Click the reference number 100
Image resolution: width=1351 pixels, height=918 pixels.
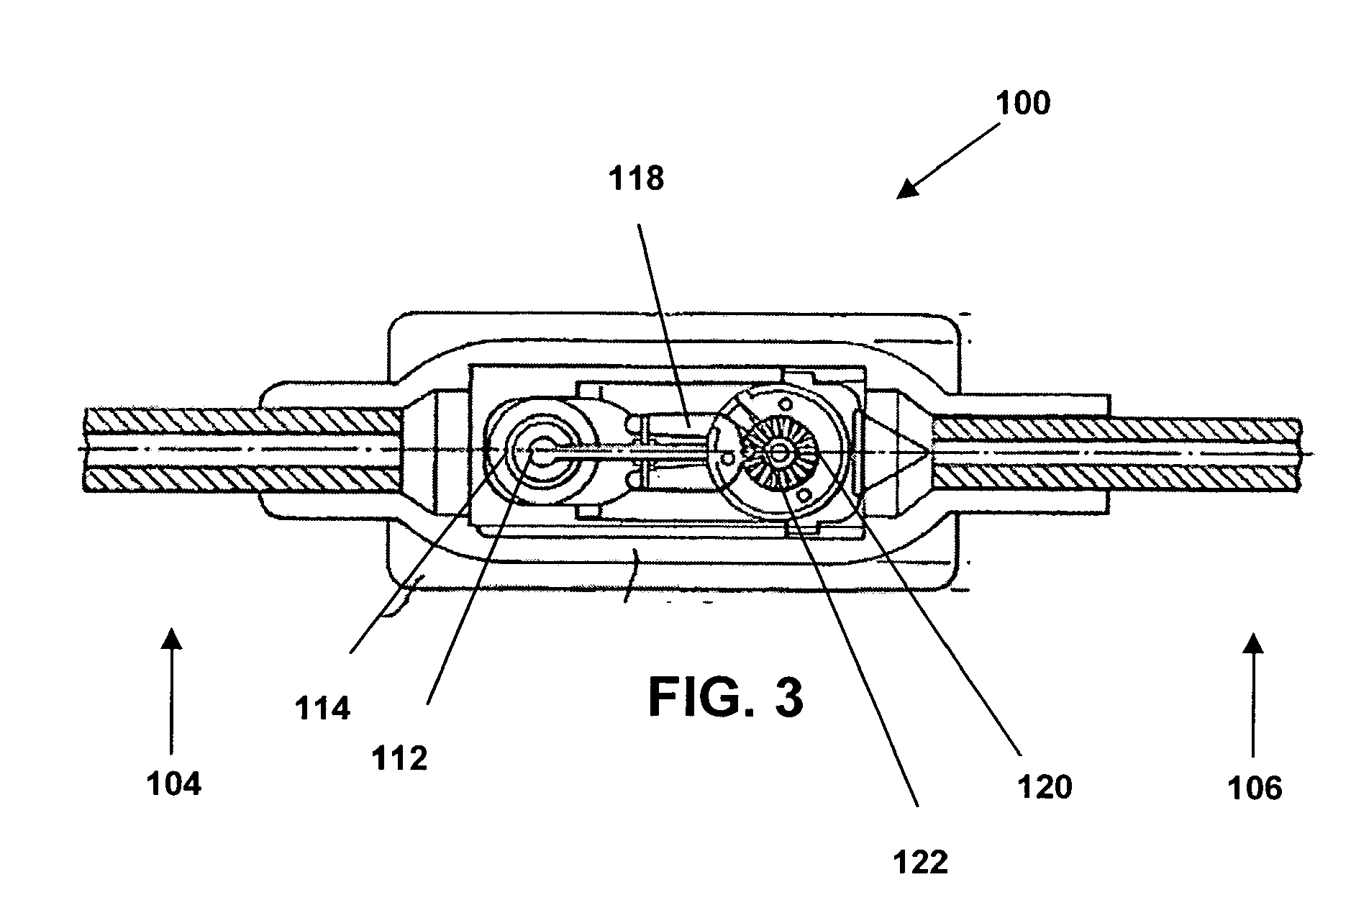click(x=1023, y=104)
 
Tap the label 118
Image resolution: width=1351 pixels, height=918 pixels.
click(x=636, y=178)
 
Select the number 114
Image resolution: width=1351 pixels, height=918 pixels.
click(x=322, y=709)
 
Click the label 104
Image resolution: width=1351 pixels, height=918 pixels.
click(x=174, y=783)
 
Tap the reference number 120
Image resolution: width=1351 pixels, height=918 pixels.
click(x=1045, y=787)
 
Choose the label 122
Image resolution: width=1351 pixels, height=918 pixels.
click(x=921, y=861)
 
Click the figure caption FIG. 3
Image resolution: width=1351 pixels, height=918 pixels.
click(x=726, y=697)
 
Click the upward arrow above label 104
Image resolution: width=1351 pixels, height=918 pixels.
click(x=170, y=691)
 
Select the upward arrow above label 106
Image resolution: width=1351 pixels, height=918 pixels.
click(x=1254, y=694)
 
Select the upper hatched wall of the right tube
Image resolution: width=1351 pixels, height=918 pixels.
click(x=1116, y=430)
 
